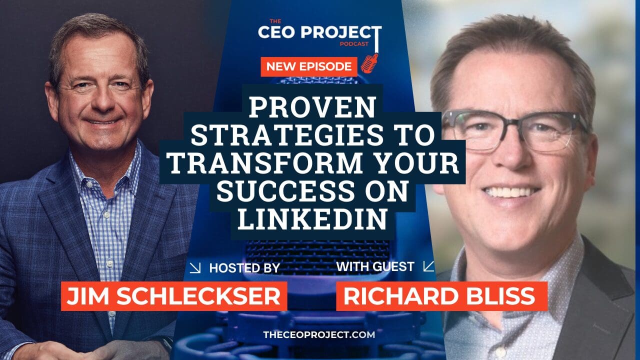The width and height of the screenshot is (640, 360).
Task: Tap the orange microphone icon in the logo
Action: coord(369,63)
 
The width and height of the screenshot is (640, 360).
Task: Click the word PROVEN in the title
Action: coord(313,106)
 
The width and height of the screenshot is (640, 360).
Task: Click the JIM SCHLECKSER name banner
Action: coord(174,296)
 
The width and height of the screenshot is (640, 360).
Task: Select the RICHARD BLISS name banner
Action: coord(438,296)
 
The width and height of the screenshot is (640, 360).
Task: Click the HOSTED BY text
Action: coord(244,268)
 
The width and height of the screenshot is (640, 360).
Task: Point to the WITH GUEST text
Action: coord(375,266)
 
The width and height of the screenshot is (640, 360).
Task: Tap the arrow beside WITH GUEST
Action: coord(428,266)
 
